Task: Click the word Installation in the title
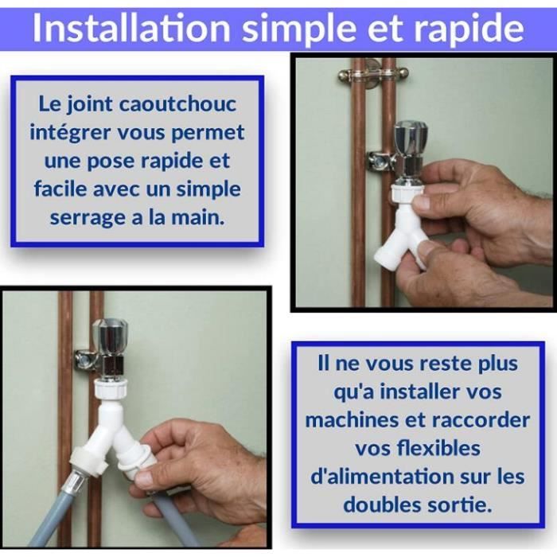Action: click(131, 29)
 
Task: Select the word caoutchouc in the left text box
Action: click(177, 103)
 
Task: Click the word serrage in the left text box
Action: click(88, 218)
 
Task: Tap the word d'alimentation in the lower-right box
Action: click(383, 477)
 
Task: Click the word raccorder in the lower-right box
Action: click(481, 419)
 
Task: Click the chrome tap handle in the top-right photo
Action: click(411, 136)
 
